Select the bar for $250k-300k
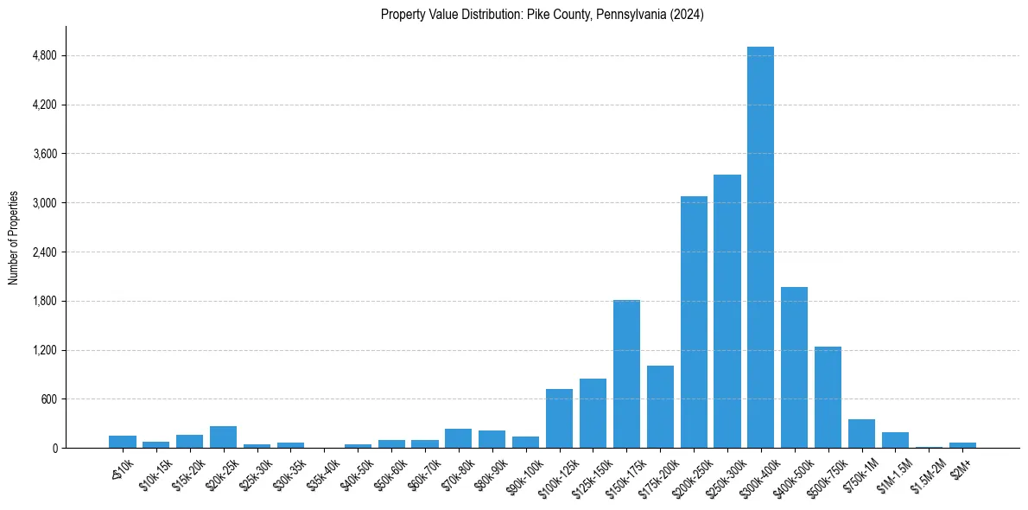coord(727,311)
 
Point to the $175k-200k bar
coord(660,406)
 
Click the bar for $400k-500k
coord(794,367)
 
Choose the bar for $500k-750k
coord(828,397)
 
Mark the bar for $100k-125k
coord(559,418)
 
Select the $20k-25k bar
coord(223,437)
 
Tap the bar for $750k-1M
coord(861,433)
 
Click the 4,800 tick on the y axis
coord(43,56)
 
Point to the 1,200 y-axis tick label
coord(43,351)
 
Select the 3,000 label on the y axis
coord(43,203)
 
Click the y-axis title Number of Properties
coord(14,238)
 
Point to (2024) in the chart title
coord(688,15)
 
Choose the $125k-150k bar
coord(593,413)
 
